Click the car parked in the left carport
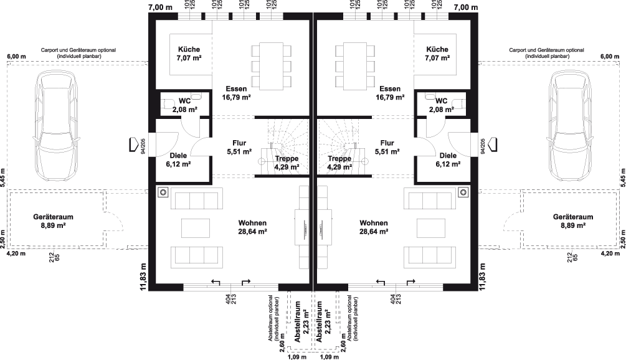click(x=57, y=125)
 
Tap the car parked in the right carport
click(x=569, y=125)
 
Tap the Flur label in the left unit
click(x=240, y=143)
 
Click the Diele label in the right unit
click(x=448, y=155)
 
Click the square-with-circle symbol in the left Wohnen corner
click(x=162, y=191)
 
